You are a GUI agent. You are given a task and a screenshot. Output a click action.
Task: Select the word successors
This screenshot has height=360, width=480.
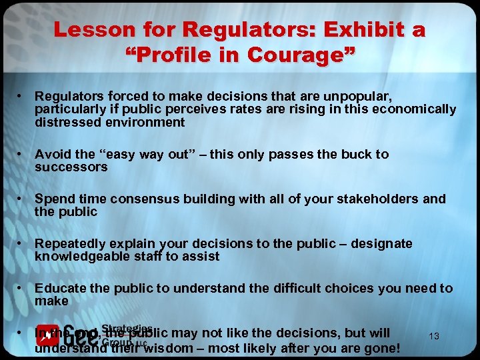[71, 167]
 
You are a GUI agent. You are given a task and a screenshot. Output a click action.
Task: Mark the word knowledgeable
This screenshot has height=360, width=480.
[81, 257]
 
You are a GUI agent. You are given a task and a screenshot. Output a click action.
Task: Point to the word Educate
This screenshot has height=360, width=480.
[59, 288]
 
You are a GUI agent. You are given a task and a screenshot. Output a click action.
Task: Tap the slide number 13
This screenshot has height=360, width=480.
[434, 337]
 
